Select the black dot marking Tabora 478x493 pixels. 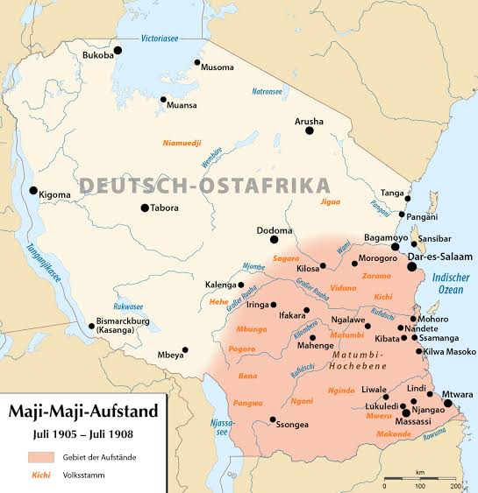(x=145, y=208)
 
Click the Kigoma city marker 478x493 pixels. (x=33, y=190)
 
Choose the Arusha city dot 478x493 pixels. (x=309, y=130)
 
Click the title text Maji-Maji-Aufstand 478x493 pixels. (x=84, y=410)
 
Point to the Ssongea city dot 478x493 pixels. (x=273, y=419)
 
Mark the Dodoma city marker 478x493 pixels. (x=274, y=238)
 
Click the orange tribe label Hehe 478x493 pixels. (x=219, y=300)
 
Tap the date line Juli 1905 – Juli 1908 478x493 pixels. (x=84, y=433)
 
